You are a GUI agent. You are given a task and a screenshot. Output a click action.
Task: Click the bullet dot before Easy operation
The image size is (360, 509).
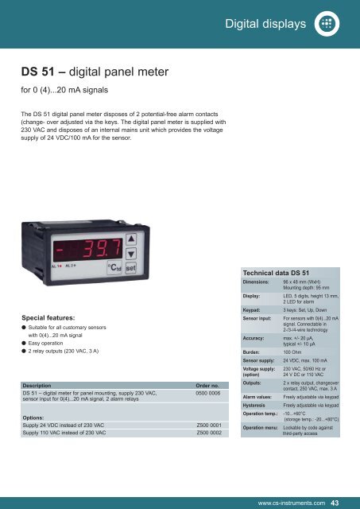(x=25, y=342)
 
